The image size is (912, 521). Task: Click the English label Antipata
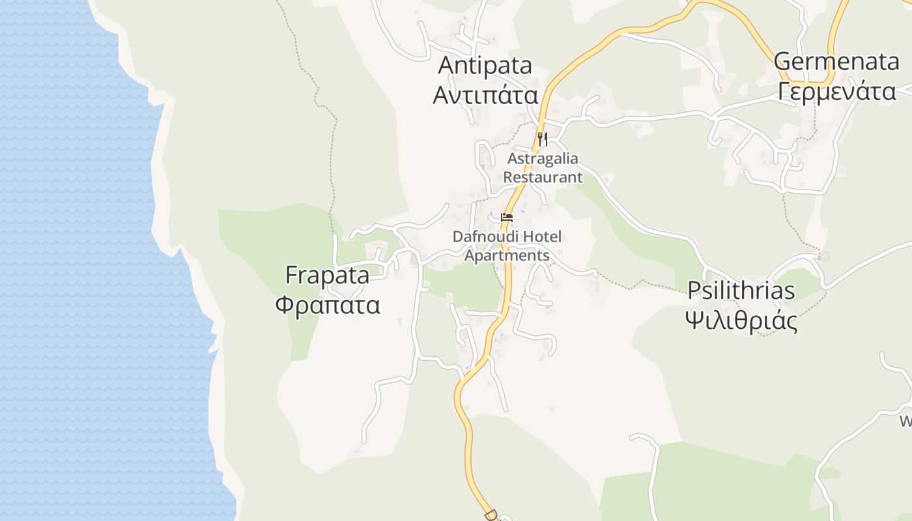485,65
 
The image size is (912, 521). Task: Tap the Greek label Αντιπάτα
485,95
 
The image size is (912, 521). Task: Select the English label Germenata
836,62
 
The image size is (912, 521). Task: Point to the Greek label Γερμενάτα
837,92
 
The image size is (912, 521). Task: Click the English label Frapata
327,275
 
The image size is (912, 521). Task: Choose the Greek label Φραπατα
327,305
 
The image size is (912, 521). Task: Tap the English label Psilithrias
741,290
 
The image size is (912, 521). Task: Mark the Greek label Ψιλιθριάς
741,320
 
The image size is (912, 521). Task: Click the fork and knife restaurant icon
542,139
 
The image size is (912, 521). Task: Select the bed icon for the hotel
507,218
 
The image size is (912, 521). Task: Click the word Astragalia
543,158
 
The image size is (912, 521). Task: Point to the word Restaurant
543,176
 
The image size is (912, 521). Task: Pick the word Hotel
538,236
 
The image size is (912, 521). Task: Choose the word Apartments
507,255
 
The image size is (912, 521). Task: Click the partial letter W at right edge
906,421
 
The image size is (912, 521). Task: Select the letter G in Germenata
783,62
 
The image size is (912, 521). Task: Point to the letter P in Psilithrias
695,290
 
